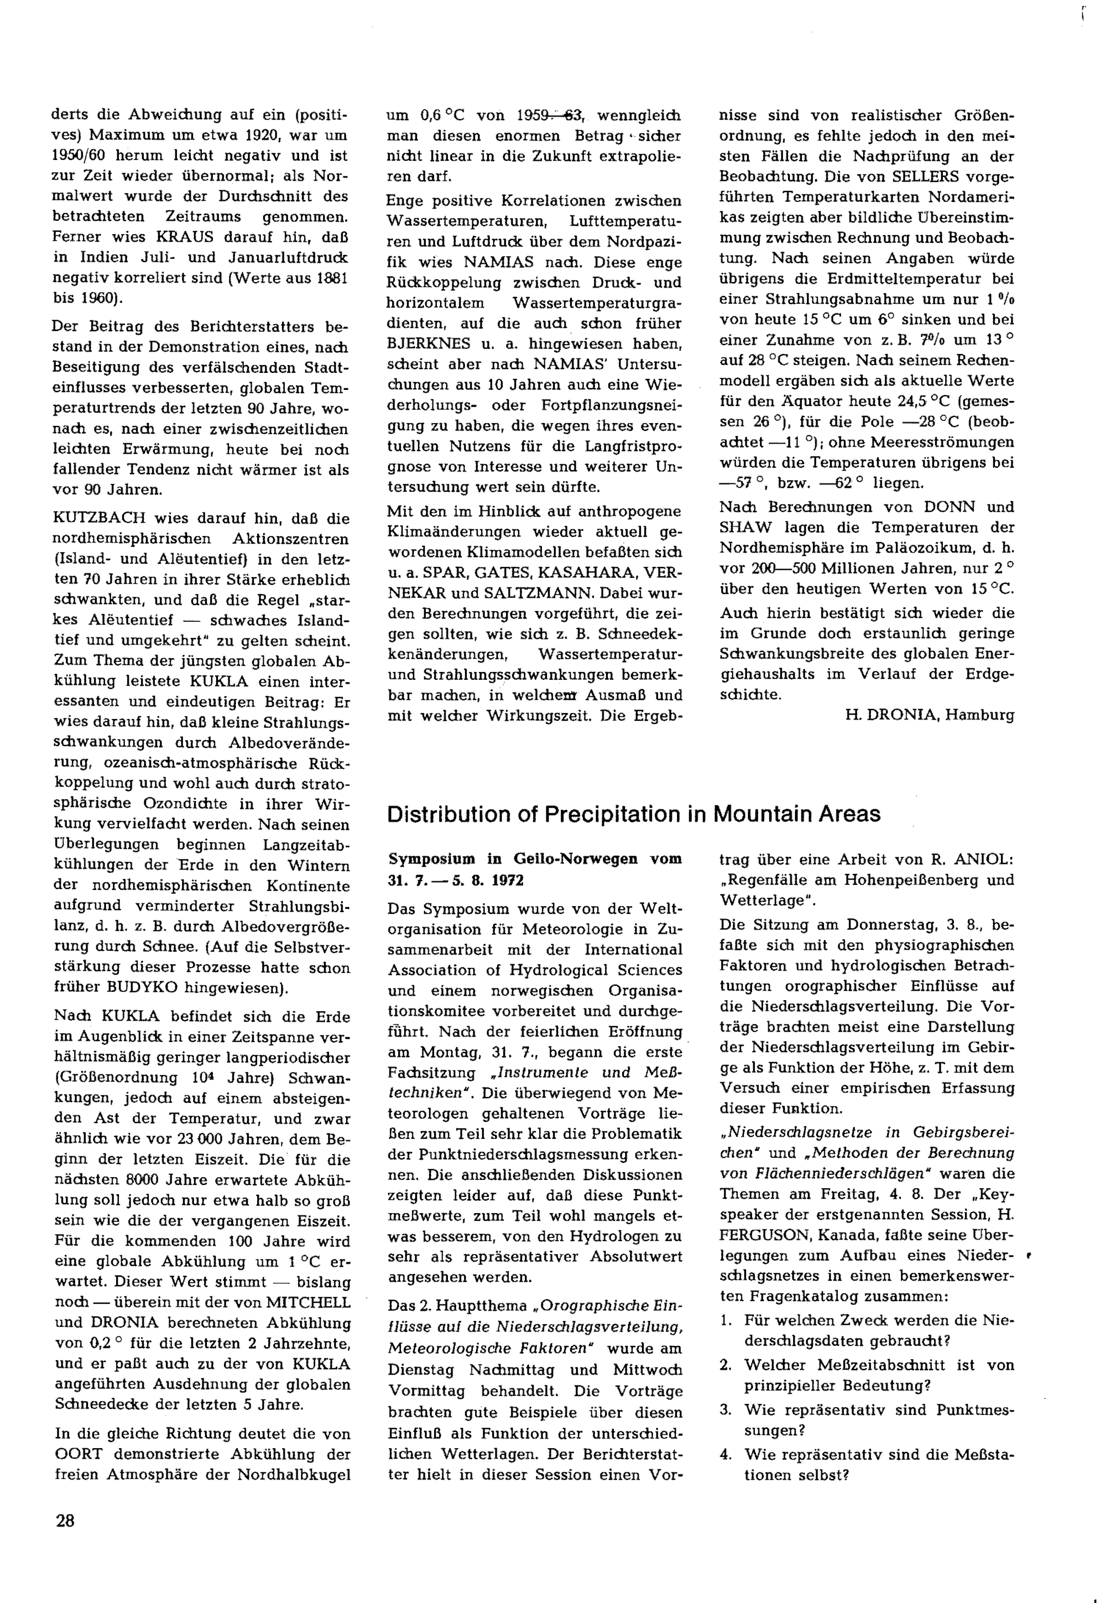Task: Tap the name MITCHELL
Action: tap(309, 1302)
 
